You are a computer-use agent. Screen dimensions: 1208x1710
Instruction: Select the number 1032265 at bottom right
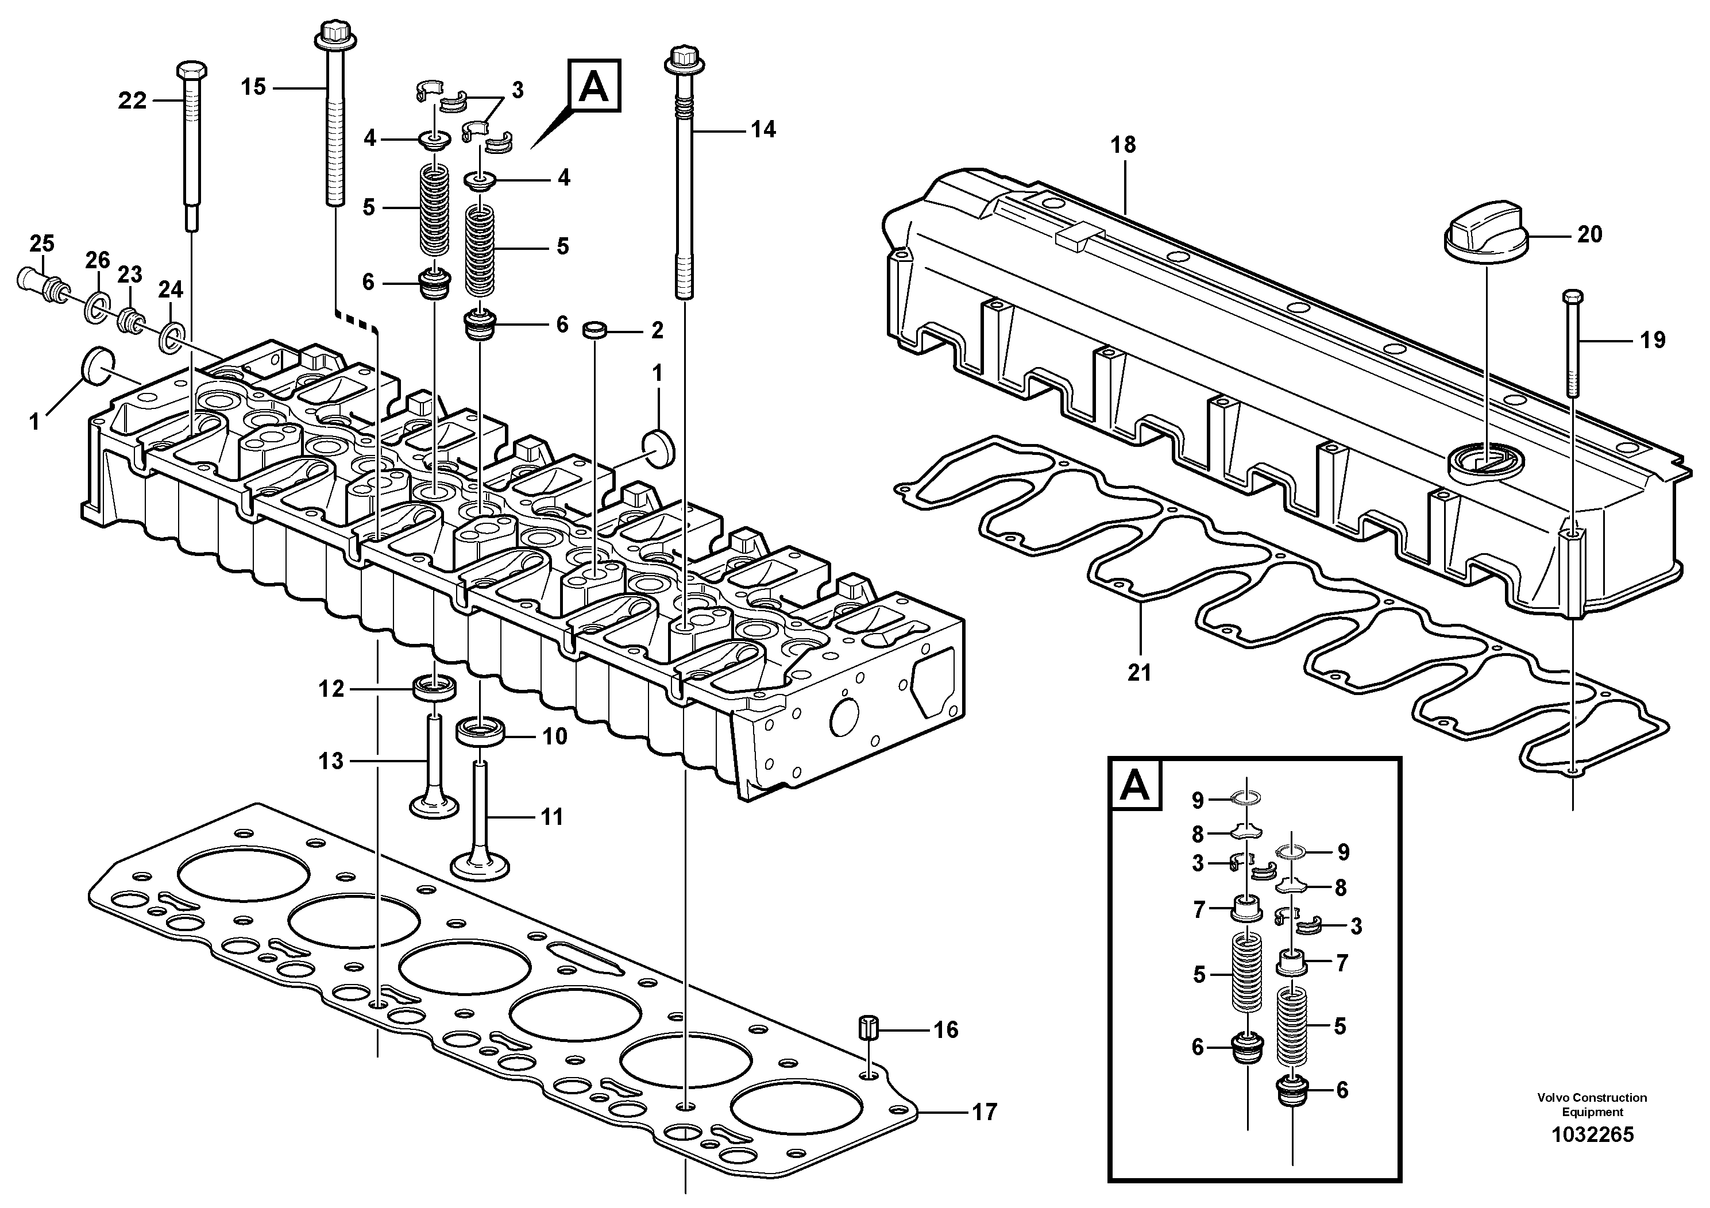point(1592,1155)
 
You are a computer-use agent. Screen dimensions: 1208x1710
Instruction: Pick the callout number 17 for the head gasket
point(985,1113)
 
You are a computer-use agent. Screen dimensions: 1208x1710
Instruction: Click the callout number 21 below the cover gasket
point(1140,673)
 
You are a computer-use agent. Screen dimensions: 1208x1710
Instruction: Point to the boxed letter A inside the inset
point(1135,786)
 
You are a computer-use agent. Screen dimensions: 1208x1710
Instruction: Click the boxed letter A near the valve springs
point(593,86)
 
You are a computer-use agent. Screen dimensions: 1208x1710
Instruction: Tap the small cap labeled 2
point(593,330)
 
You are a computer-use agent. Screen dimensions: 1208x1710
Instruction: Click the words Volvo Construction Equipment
point(1592,1105)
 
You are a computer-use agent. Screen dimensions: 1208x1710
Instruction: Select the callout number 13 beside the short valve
point(331,761)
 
